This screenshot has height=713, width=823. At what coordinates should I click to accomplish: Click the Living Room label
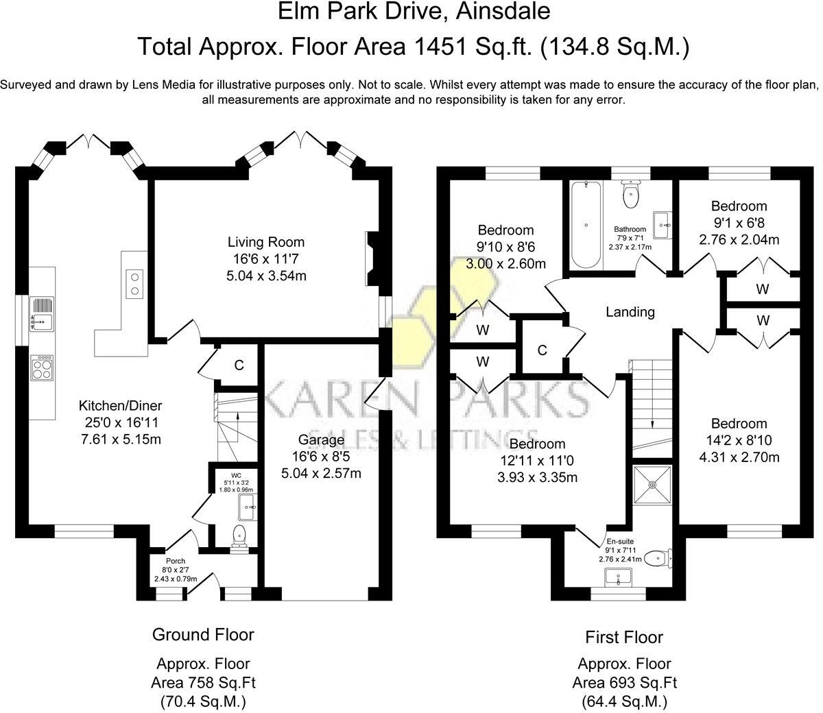[266, 242]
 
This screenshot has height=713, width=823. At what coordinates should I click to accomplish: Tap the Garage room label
[321, 439]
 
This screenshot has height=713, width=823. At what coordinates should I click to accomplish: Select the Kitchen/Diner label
[120, 405]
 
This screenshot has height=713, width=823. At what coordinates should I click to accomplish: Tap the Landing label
[630, 312]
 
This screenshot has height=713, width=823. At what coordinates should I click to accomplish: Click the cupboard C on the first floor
[542, 350]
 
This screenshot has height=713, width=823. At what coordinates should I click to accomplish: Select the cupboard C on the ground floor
[239, 365]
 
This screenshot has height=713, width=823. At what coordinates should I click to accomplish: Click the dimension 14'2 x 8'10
[739, 441]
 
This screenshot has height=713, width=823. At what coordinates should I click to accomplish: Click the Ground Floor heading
[203, 634]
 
